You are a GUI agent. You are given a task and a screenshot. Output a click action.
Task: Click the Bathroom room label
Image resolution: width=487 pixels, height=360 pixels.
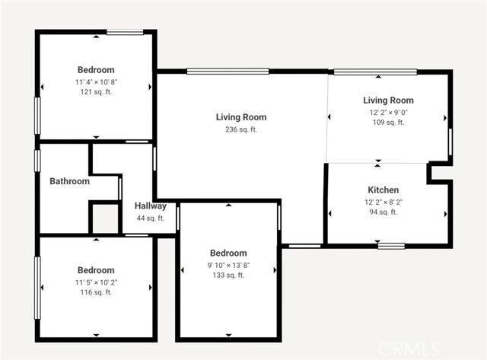[x=69, y=181]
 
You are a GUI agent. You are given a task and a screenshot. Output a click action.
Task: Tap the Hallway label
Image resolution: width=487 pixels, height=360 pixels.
[x=150, y=206]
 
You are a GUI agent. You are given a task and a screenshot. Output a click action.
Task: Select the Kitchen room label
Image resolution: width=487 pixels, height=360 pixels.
[x=383, y=190]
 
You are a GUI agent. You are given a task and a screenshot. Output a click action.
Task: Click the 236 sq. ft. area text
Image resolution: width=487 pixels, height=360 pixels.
[x=240, y=129]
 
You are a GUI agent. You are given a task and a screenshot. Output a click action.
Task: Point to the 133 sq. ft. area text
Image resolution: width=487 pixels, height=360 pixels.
[x=228, y=276]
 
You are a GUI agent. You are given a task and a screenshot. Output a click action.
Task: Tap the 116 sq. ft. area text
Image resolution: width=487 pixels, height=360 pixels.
[x=96, y=292]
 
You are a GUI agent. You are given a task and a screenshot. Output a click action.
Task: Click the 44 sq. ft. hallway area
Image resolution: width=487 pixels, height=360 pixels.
[x=150, y=218]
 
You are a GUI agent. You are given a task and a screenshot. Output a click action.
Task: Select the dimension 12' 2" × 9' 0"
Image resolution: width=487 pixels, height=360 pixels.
[x=387, y=112]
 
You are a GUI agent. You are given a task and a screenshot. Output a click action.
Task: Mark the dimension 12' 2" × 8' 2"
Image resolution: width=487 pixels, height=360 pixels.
[x=383, y=202]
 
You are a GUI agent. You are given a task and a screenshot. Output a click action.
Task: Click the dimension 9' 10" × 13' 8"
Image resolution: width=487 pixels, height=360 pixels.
[x=228, y=265]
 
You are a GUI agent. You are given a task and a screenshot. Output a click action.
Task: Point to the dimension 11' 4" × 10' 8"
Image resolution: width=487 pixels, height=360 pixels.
[x=96, y=81]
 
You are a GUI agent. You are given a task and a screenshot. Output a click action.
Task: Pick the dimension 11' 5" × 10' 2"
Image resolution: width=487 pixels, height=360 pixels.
[x=96, y=282]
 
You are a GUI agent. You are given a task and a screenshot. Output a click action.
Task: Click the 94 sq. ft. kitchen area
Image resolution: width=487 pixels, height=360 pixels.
[x=383, y=212]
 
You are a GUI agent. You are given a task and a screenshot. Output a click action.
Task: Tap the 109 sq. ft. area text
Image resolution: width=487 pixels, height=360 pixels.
[x=387, y=123]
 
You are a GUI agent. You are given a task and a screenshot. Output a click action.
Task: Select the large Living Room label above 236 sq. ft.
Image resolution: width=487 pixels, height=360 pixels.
[x=240, y=117]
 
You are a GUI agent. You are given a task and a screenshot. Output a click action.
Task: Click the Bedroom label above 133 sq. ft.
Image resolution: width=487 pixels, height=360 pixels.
[x=228, y=253]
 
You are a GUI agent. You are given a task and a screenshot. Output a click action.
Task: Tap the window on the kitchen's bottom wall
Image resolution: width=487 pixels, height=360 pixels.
[x=391, y=245]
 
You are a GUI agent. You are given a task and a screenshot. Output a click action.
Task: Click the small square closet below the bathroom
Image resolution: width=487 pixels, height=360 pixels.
[x=105, y=218]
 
